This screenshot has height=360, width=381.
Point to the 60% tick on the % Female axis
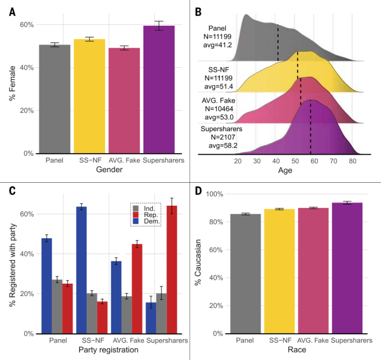(x=26, y=25)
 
